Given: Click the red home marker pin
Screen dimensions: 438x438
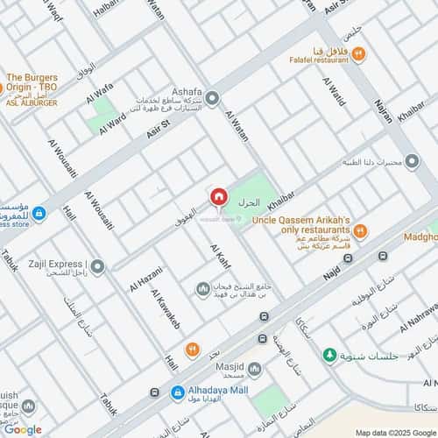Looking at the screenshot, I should (218, 198).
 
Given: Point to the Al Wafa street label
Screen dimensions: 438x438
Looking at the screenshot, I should (99, 93).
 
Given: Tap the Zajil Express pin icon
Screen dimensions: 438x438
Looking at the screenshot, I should (98, 265).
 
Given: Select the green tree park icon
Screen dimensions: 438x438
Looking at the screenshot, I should (329, 355).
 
